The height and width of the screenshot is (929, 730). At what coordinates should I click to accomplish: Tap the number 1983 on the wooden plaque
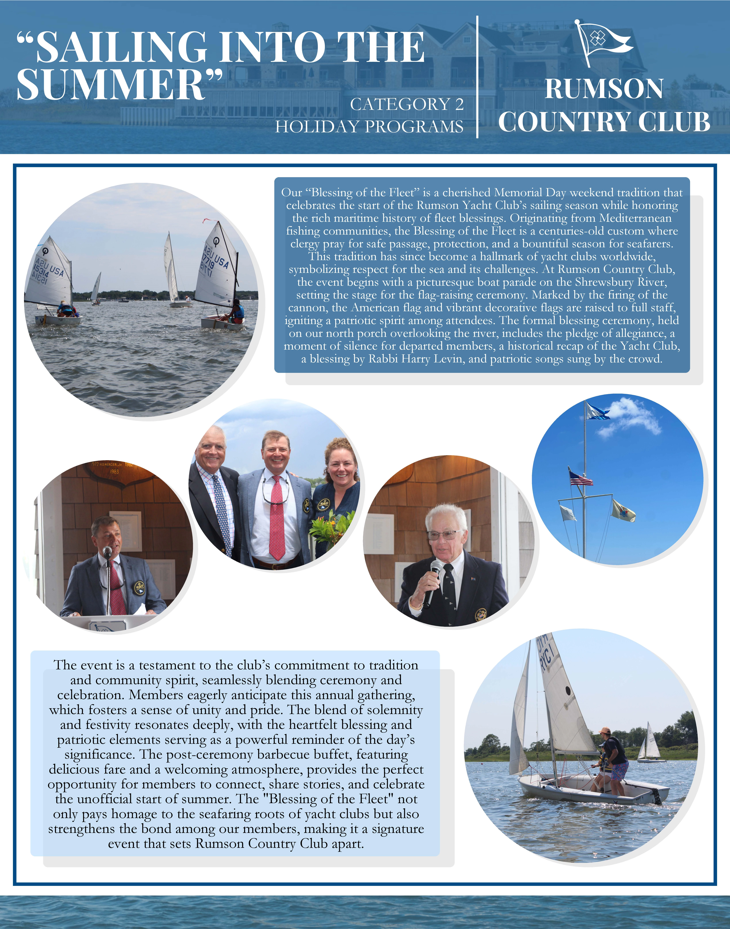coord(114,472)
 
